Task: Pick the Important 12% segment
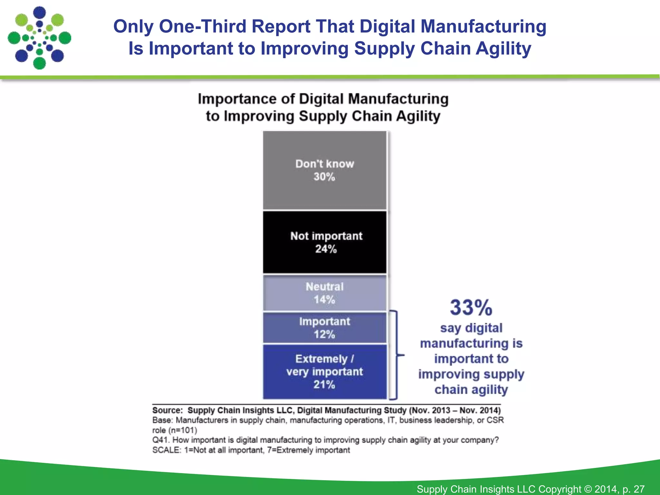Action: (325, 327)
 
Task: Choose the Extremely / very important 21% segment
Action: (325, 371)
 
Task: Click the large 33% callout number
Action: (471, 308)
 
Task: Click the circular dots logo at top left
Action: (39, 38)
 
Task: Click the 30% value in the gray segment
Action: (324, 177)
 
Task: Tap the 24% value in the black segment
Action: (326, 249)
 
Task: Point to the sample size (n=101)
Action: (182, 430)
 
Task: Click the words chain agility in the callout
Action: (471, 390)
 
